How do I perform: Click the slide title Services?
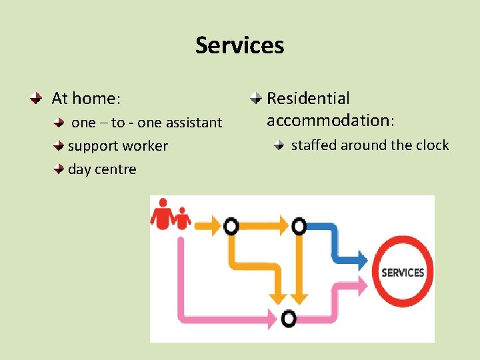coord(239,45)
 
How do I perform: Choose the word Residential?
coord(308,99)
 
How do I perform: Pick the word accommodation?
coord(329,121)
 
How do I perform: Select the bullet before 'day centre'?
coord(60,169)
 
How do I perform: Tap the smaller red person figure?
coord(181,218)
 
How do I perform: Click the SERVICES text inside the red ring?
coord(402,272)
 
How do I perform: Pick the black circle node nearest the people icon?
coord(231,227)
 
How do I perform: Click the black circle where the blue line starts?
coord(299,227)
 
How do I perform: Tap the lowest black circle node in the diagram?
coord(288,319)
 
